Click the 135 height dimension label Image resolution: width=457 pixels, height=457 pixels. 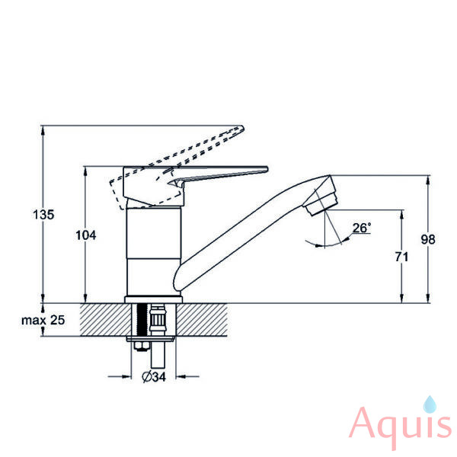(x=43, y=215)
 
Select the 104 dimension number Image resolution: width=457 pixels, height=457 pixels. (x=85, y=235)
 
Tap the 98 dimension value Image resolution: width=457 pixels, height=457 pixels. (x=428, y=239)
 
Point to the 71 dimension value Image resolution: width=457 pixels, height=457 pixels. (x=401, y=257)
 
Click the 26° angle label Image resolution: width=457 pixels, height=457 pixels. (x=362, y=228)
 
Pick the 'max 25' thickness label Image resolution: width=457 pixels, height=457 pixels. (x=43, y=320)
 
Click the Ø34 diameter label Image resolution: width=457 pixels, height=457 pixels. (x=154, y=376)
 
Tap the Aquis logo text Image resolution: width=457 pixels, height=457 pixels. (x=401, y=428)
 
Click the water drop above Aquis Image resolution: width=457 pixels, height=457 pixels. (x=430, y=404)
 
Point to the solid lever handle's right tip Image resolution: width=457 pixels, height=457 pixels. (x=267, y=168)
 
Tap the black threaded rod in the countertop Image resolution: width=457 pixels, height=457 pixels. (x=142, y=320)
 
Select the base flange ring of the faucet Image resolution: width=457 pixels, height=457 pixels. (x=154, y=299)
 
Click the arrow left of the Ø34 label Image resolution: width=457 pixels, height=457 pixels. (x=120, y=376)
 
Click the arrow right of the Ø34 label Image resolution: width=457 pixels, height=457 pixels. (x=187, y=376)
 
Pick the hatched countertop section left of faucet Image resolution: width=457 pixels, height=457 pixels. (x=106, y=320)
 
